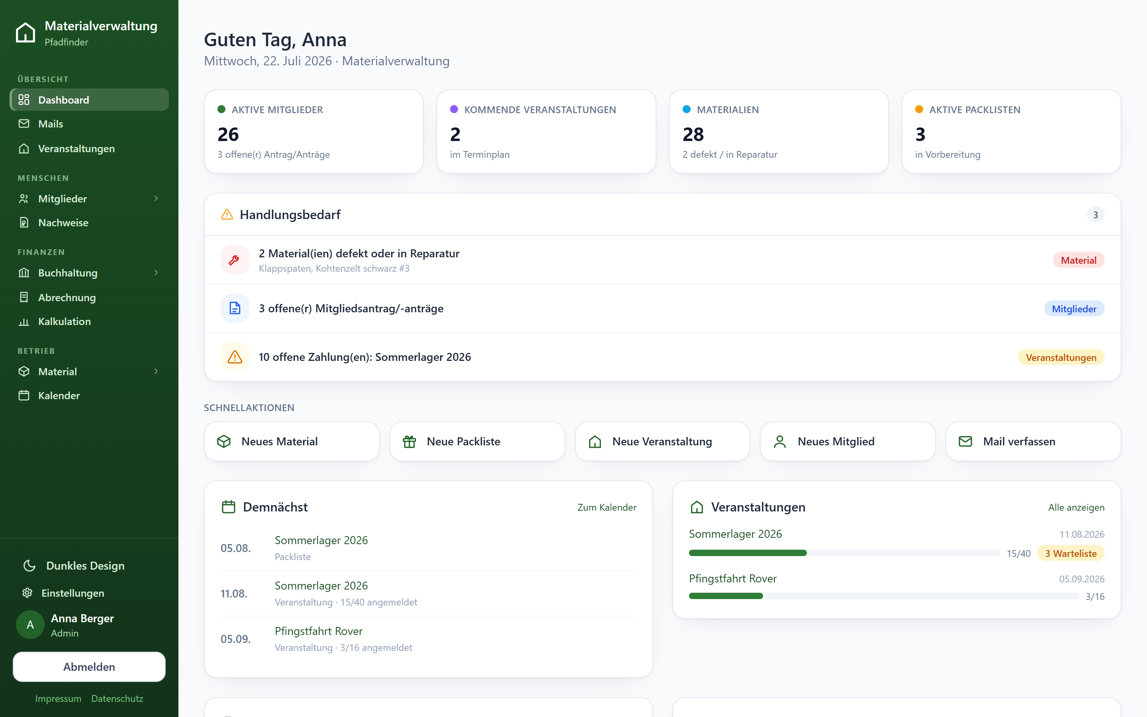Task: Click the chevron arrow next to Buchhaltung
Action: (156, 273)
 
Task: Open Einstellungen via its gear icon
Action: (27, 593)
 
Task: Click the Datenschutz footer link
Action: (117, 699)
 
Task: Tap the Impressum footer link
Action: (58, 699)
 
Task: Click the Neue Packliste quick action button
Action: (477, 441)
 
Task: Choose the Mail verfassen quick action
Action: (1033, 441)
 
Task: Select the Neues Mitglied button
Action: (848, 441)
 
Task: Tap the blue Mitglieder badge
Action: (1074, 309)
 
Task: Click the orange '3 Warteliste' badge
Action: (1071, 553)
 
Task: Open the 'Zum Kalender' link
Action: (607, 507)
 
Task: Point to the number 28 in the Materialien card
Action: (693, 135)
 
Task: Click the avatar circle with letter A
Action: (30, 625)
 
